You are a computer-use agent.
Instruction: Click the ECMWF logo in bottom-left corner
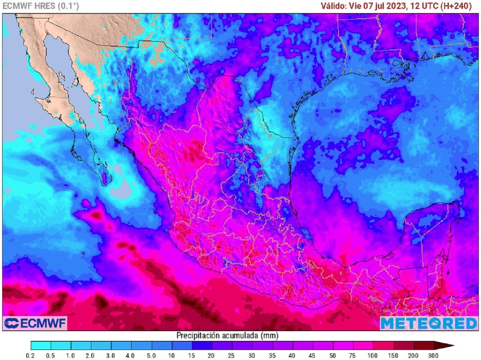(35, 323)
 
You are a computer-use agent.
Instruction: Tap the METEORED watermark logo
(428, 323)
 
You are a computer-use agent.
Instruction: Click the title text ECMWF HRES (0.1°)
(41, 6)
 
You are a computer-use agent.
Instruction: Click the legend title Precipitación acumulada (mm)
(227, 335)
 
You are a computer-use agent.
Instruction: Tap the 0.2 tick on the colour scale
(31, 355)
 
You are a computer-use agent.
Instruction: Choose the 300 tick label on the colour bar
(433, 355)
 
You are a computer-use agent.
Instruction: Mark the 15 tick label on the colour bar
(192, 355)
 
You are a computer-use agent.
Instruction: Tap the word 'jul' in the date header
(379, 6)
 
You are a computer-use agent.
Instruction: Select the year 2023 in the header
(395, 6)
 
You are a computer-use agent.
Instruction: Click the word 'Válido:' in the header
(333, 6)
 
